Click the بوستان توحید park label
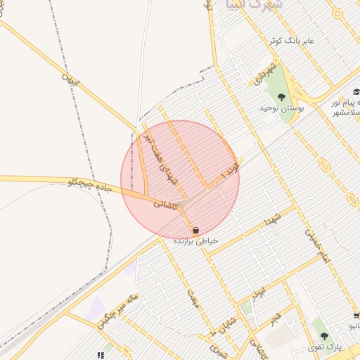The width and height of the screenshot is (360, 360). (281, 108)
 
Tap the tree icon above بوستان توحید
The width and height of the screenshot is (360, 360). (282, 97)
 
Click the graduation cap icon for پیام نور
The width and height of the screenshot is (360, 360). (356, 91)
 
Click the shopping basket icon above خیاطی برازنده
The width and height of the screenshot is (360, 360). (195, 230)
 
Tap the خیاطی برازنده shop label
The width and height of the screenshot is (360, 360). (196, 240)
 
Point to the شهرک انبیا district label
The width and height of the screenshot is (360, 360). (242, 7)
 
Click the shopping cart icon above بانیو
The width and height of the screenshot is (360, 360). (356, 316)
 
